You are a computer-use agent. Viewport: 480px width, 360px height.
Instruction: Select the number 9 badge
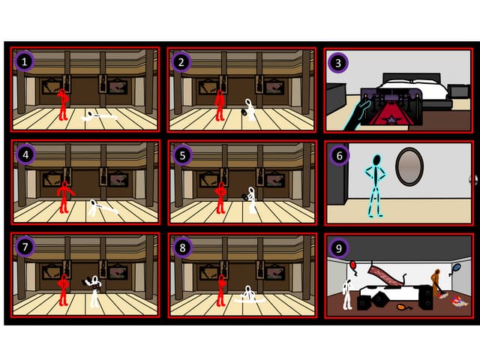338,247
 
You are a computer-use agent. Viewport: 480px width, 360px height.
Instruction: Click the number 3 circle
338,62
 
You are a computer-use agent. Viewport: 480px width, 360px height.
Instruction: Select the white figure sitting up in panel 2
250,111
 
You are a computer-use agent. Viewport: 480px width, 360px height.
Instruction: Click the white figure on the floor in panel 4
102,208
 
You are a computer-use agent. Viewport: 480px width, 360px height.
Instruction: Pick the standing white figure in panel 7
94,291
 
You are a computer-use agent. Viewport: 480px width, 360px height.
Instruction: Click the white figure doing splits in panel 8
248,296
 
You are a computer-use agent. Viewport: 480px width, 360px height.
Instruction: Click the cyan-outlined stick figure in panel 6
373,184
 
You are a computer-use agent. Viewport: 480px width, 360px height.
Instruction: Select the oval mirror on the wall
409,166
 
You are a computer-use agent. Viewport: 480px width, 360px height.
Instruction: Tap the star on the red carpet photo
391,115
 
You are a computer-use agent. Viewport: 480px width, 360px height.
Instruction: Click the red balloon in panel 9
352,265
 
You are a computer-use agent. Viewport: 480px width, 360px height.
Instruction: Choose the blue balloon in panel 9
457,268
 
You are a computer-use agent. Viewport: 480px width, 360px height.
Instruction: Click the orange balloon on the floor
403,306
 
